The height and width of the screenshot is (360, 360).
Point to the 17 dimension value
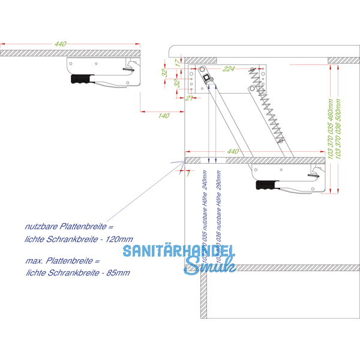[177, 62]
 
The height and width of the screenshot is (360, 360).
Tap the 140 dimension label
[164, 116]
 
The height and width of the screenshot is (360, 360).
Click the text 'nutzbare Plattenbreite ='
[68, 227]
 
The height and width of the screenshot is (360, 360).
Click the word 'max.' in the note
[34, 262]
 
